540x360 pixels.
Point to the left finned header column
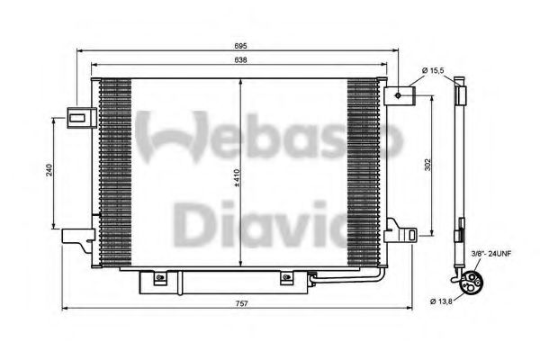(112, 171)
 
